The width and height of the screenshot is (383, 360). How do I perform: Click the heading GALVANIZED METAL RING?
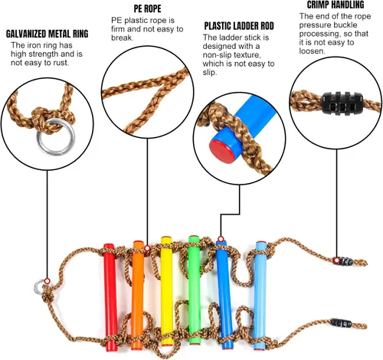47,34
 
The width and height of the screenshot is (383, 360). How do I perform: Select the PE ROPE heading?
148,9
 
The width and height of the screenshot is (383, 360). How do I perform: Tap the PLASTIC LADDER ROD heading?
239,26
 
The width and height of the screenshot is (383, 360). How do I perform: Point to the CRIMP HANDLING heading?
336,5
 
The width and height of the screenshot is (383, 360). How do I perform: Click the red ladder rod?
110,297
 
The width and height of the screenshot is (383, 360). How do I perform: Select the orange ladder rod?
138,295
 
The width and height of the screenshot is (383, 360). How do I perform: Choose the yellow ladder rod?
167,291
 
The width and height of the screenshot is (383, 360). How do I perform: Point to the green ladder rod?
195,290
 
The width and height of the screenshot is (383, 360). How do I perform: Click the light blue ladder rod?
260,296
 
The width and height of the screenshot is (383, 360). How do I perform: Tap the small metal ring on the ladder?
39,286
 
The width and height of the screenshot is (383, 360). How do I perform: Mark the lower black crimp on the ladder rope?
341,323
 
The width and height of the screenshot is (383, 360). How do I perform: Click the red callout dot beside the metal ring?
47,281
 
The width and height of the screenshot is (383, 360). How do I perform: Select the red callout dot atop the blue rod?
221,239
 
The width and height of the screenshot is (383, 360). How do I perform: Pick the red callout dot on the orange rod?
147,248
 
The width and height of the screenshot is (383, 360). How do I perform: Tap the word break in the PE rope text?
122,38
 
